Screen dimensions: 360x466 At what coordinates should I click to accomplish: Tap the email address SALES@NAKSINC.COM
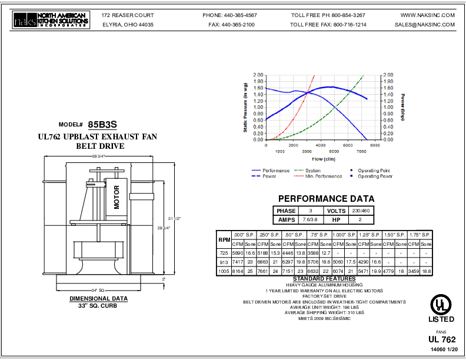point(425,25)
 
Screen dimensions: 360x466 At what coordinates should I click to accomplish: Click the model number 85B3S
point(102,125)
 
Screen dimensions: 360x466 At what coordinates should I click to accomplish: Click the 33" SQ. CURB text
point(99,305)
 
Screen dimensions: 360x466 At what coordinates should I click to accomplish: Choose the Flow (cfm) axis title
point(324,158)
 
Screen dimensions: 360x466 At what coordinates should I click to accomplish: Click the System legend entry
point(312,171)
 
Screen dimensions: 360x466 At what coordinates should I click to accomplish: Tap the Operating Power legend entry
point(375,176)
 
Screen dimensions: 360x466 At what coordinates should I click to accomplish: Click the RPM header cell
point(224,239)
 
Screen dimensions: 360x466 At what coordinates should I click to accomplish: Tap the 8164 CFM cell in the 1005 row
point(237,271)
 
